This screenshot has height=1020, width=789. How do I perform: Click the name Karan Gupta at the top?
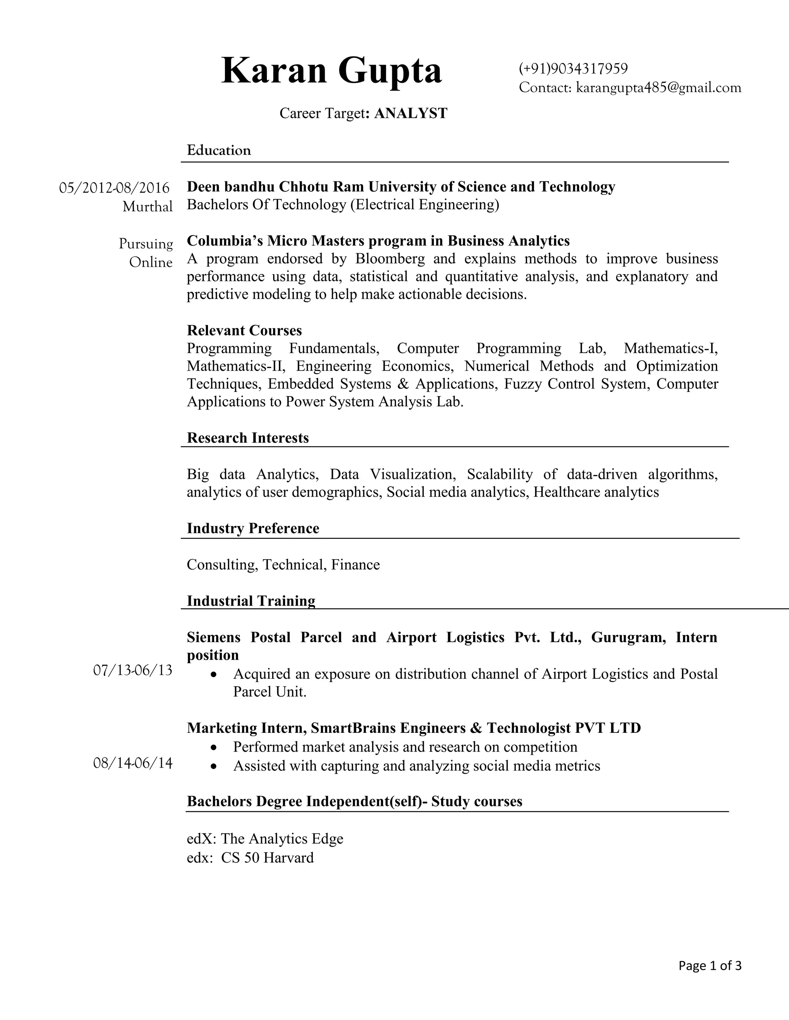pos(331,70)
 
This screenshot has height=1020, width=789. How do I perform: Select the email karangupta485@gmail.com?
pos(658,87)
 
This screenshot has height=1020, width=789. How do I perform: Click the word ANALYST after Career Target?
pos(410,113)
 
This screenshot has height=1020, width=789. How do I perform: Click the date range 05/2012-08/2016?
pos(114,188)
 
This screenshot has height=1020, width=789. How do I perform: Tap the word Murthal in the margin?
pos(147,206)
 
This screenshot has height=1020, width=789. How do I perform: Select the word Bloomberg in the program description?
pos(390,259)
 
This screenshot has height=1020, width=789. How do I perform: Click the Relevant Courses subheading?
pos(244,330)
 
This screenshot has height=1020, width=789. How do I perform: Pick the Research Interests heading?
pos(248,438)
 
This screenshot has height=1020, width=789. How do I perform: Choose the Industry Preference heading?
pos(253,528)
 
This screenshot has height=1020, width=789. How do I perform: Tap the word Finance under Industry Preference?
pos(355,565)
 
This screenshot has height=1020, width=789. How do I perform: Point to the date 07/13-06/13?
pos(133,671)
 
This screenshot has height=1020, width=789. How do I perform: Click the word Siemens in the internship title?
pos(213,637)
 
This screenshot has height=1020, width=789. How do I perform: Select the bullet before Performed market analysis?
pos(213,747)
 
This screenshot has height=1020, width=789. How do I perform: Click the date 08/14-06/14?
pos(133,763)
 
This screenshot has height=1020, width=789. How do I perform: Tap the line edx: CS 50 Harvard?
pos(250,858)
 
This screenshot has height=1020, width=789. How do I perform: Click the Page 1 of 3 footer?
pos(710,965)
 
